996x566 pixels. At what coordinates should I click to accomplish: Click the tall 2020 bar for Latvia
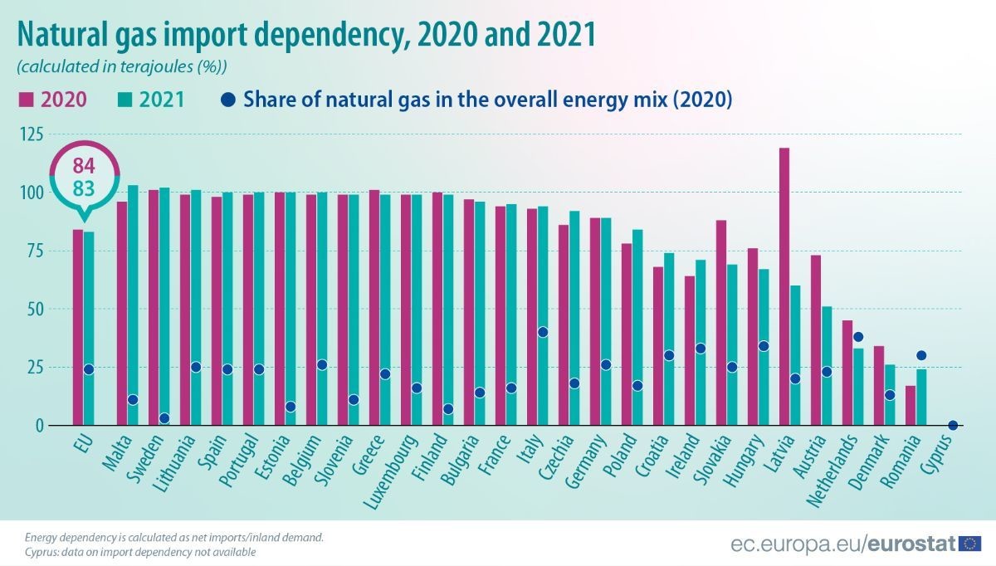coord(784,286)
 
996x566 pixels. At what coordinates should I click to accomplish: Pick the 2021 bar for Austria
coord(827,365)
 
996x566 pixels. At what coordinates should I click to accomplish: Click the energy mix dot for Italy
coord(543,332)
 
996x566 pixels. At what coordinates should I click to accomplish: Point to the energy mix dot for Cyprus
coord(953,425)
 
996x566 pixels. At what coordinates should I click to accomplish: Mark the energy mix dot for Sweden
coord(164,418)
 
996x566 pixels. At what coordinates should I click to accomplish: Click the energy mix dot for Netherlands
coord(858,337)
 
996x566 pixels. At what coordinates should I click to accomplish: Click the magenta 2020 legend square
coord(25,100)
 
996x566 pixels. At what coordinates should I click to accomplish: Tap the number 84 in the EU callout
coord(83,163)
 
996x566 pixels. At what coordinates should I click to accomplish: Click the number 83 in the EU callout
coord(83,189)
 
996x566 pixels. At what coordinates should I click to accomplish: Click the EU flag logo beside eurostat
coord(970,544)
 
